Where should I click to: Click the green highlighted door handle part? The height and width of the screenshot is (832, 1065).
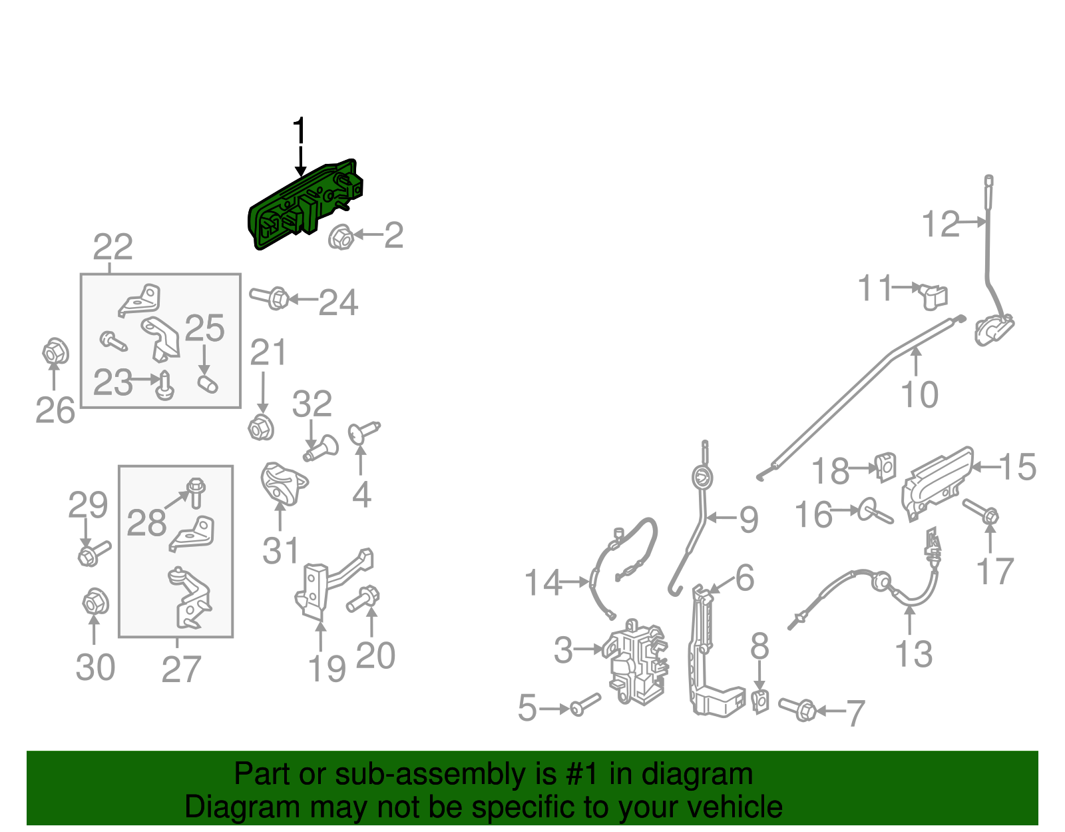(305, 205)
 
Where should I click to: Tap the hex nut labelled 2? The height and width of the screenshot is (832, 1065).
(340, 236)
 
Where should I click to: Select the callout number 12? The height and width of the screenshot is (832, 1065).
(941, 224)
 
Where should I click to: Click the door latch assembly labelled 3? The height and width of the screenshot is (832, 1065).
(634, 661)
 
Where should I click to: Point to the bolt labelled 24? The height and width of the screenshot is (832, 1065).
(269, 298)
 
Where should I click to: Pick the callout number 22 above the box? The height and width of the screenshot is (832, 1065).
(112, 246)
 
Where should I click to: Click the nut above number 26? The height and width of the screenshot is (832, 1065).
(55, 351)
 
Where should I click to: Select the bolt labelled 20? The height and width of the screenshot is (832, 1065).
(363, 599)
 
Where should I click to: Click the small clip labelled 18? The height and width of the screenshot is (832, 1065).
(885, 468)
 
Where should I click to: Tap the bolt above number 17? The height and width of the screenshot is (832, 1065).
(980, 511)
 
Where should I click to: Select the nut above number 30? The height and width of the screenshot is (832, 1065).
(95, 602)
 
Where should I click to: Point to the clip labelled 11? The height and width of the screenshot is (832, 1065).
(933, 296)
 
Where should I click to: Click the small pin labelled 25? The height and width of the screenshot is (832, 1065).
(208, 384)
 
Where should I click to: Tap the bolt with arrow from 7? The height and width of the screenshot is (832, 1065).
(797, 709)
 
